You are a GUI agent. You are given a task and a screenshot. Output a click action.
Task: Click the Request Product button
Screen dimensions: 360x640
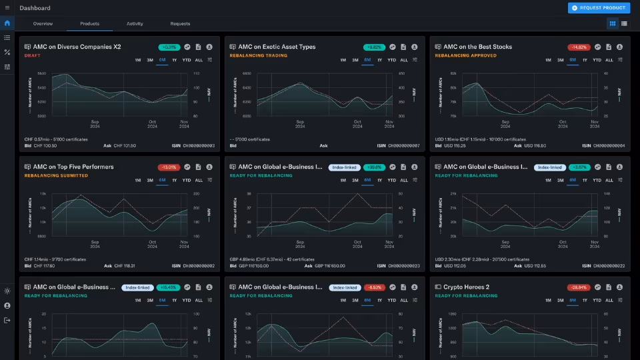point(599,8)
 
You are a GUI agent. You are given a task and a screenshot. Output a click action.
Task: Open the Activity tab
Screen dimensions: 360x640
point(135,23)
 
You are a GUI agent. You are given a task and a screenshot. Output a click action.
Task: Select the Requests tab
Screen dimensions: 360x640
point(180,23)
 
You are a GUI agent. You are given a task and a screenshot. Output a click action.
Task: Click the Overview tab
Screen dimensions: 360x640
point(43,23)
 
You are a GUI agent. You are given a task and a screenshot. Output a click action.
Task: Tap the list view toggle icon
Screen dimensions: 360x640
point(624,23)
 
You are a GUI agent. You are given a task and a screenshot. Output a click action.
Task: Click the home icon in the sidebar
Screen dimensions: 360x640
point(7,23)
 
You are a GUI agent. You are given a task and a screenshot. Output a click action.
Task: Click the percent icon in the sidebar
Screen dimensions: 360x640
point(7,52)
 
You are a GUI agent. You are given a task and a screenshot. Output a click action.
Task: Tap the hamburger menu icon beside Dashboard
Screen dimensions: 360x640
point(7,8)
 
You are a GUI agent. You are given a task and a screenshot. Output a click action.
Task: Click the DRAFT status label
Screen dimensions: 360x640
point(33,56)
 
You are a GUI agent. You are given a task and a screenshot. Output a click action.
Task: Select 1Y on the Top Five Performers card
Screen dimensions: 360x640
point(175,180)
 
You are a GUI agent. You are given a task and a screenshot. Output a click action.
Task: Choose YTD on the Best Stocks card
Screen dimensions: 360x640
point(597,60)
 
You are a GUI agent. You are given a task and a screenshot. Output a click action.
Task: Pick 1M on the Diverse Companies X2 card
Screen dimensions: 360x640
point(137,60)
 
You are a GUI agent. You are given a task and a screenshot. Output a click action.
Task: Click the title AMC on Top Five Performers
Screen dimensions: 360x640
point(73,167)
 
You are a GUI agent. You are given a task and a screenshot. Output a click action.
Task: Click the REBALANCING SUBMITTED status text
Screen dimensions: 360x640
point(56,176)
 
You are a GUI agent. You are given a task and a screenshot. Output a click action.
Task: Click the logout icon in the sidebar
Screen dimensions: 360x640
point(7,321)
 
